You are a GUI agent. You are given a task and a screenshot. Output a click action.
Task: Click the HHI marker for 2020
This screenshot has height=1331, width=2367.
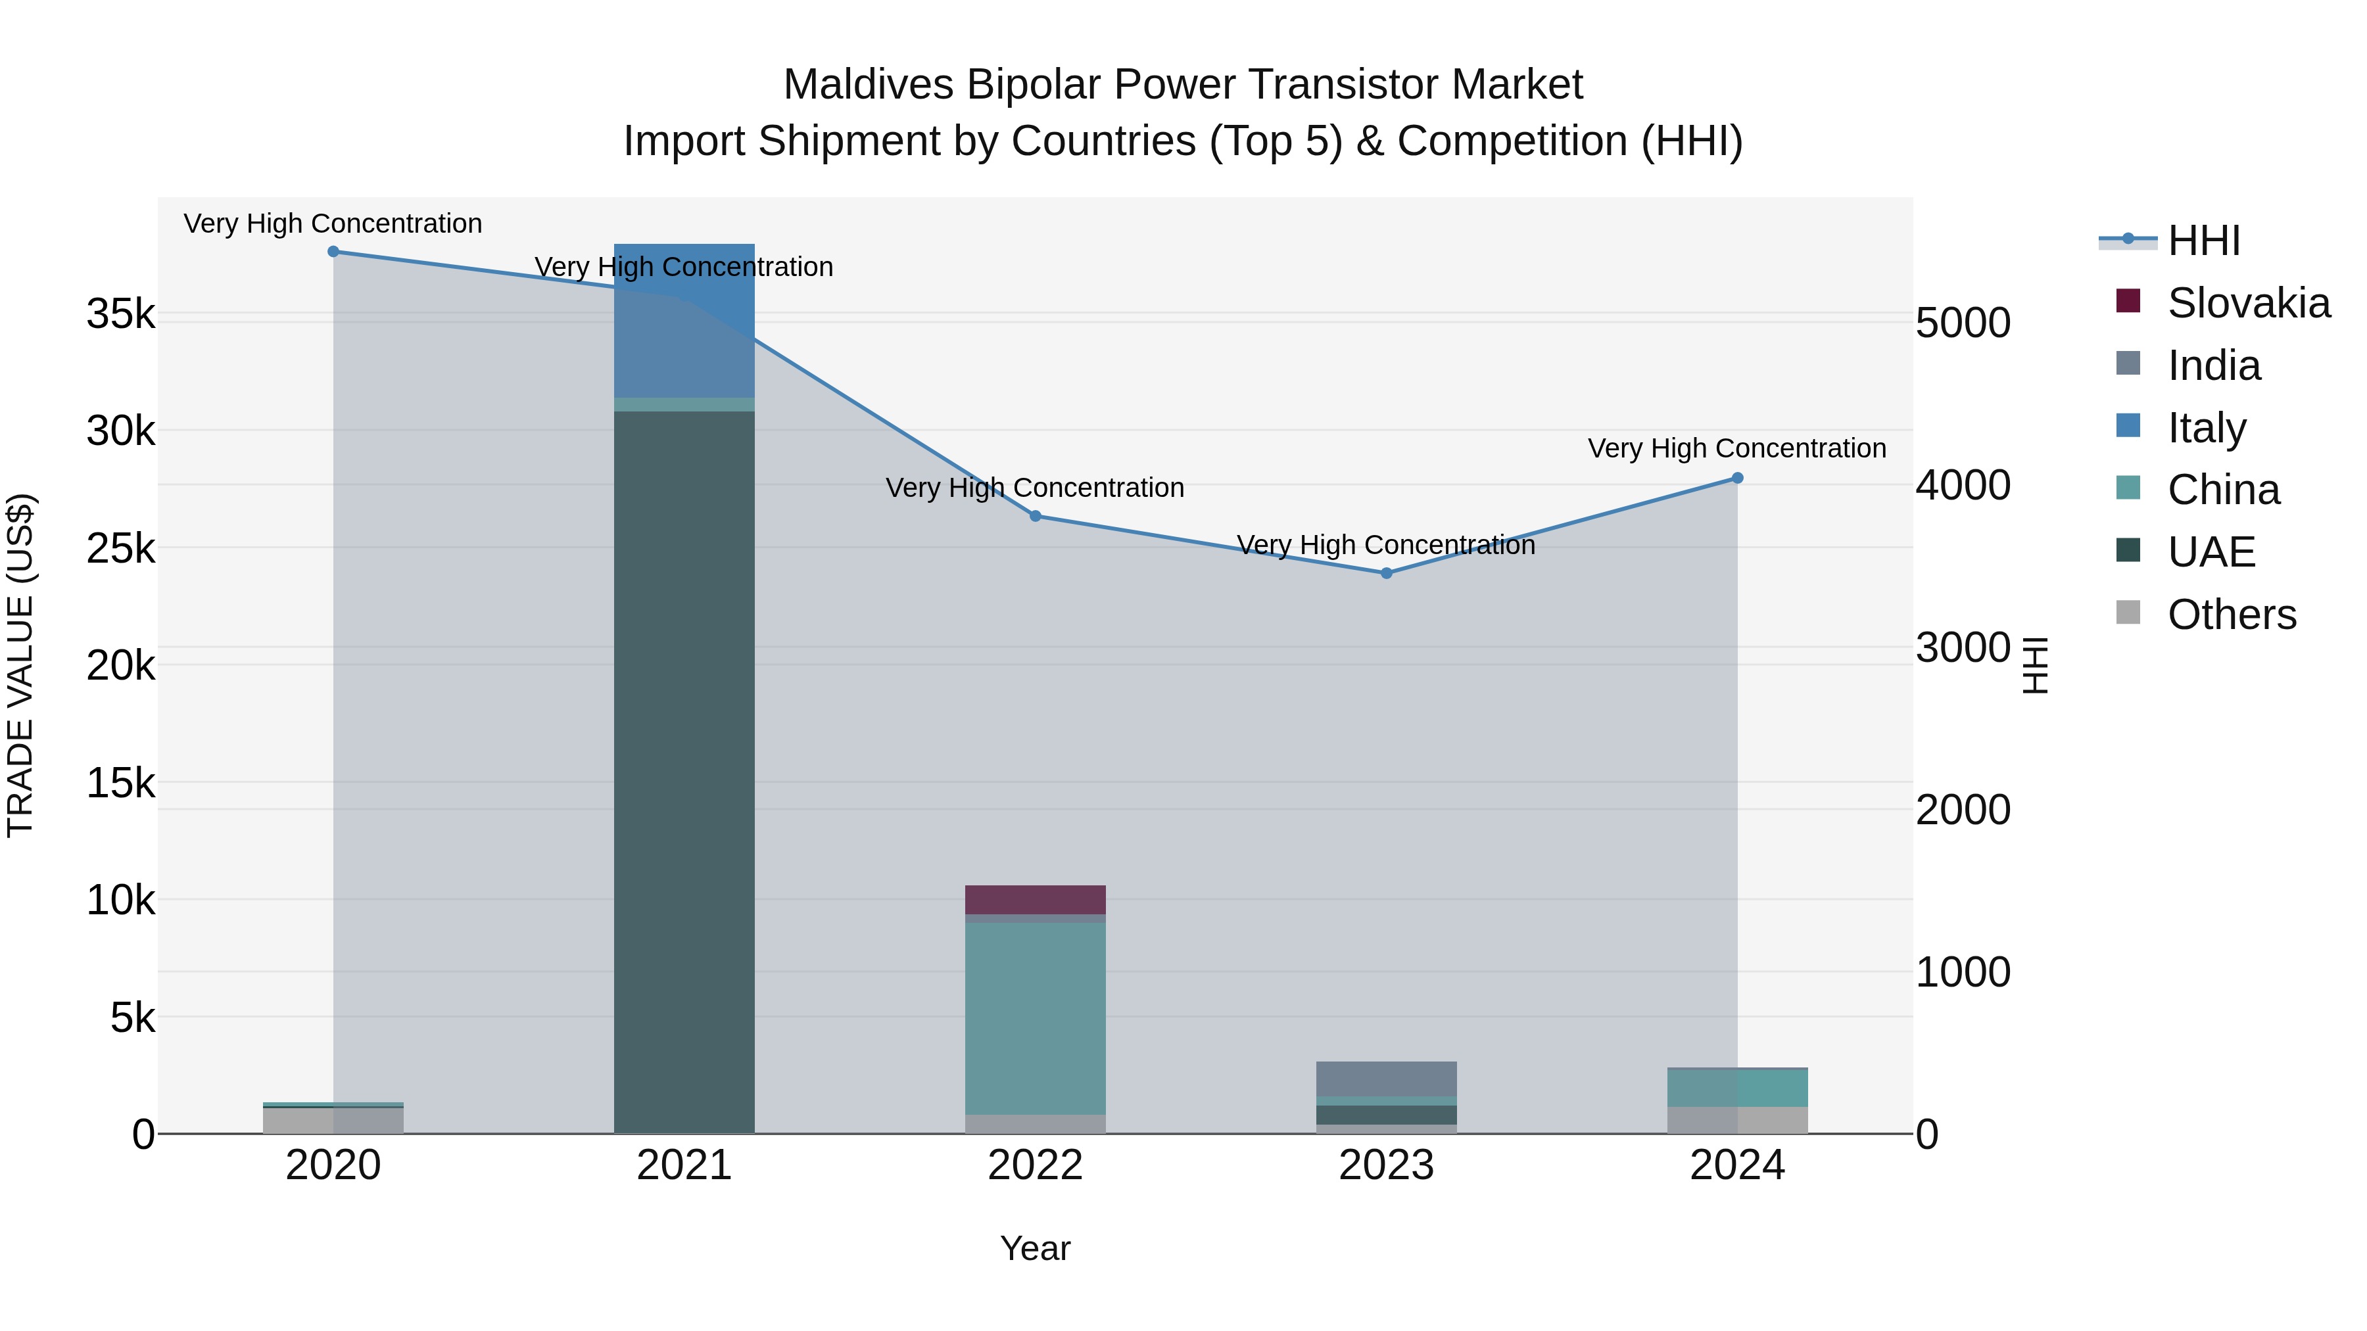point(333,252)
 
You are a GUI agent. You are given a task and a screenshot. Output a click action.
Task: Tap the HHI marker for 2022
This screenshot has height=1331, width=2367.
point(1036,516)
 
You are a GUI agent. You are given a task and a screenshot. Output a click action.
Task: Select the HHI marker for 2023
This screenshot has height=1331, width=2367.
point(1387,573)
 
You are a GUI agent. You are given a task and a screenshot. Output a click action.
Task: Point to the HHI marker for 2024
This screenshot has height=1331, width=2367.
point(1738,479)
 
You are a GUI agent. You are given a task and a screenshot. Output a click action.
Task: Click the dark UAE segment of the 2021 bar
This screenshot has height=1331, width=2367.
point(684,772)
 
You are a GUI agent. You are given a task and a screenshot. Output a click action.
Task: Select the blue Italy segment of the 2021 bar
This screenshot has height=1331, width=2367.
point(684,321)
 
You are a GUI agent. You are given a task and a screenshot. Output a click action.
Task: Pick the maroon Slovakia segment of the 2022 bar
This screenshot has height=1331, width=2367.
point(1036,900)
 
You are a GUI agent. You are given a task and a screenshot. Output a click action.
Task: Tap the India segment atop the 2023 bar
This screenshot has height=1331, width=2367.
point(1387,1079)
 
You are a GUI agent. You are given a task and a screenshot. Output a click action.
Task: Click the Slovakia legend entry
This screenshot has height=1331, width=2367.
point(2247,303)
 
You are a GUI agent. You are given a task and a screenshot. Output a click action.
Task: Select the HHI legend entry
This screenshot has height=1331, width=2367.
point(2203,241)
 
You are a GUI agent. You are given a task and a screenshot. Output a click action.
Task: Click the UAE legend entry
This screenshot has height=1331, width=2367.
point(2211,552)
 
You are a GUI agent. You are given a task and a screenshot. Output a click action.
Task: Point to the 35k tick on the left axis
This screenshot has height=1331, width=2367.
point(121,314)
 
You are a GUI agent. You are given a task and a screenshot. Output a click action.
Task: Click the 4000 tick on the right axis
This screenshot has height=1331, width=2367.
point(1963,486)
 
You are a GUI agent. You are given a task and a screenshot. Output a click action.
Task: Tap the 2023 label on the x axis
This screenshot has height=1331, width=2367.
point(1387,1165)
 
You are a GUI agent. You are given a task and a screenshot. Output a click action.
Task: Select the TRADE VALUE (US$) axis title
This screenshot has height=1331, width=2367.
point(21,665)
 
